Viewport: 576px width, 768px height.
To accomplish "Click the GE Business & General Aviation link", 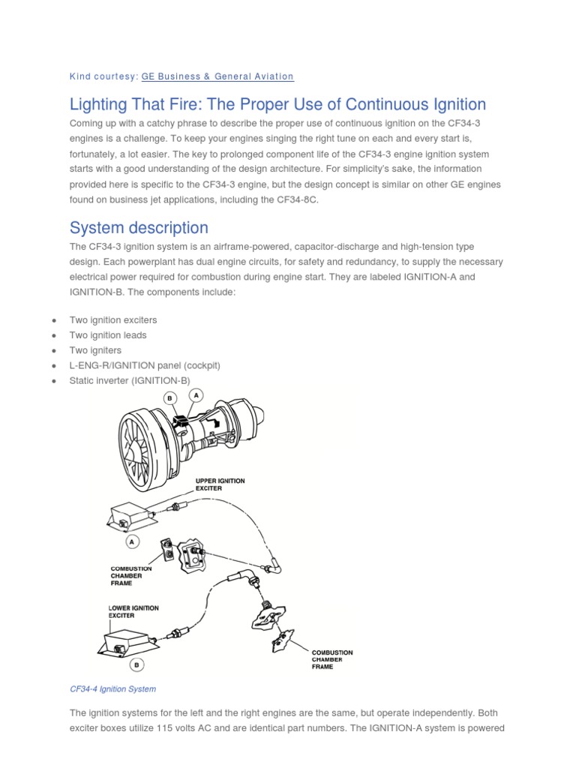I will pyautogui.click(x=217, y=76).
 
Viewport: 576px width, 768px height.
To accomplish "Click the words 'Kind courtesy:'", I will pyautogui.click(x=103, y=76).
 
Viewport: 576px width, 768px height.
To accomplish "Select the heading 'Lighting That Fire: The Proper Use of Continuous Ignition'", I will pyautogui.click(x=277, y=104).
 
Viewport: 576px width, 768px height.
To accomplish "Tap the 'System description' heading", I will pyautogui.click(x=139, y=227).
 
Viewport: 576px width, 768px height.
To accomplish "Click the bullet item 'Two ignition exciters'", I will pyautogui.click(x=113, y=320).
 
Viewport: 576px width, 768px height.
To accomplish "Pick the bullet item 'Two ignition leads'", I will pyautogui.click(x=108, y=335).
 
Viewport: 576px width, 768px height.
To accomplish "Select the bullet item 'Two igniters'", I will pyautogui.click(x=95, y=350).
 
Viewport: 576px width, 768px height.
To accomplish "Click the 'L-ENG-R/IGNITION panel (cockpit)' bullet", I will pyautogui.click(x=145, y=365).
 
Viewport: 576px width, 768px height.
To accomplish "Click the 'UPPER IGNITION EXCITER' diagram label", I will pyautogui.click(x=220, y=484).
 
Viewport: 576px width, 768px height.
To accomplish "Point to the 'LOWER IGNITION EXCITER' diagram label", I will pyautogui.click(x=133, y=611).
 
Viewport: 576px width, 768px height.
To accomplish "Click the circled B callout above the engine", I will pyautogui.click(x=170, y=398).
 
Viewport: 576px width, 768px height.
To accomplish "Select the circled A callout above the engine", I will pyautogui.click(x=196, y=394).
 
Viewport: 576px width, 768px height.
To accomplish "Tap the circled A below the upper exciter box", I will pyautogui.click(x=133, y=540).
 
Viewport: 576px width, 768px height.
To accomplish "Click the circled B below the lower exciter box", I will pyautogui.click(x=136, y=664).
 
